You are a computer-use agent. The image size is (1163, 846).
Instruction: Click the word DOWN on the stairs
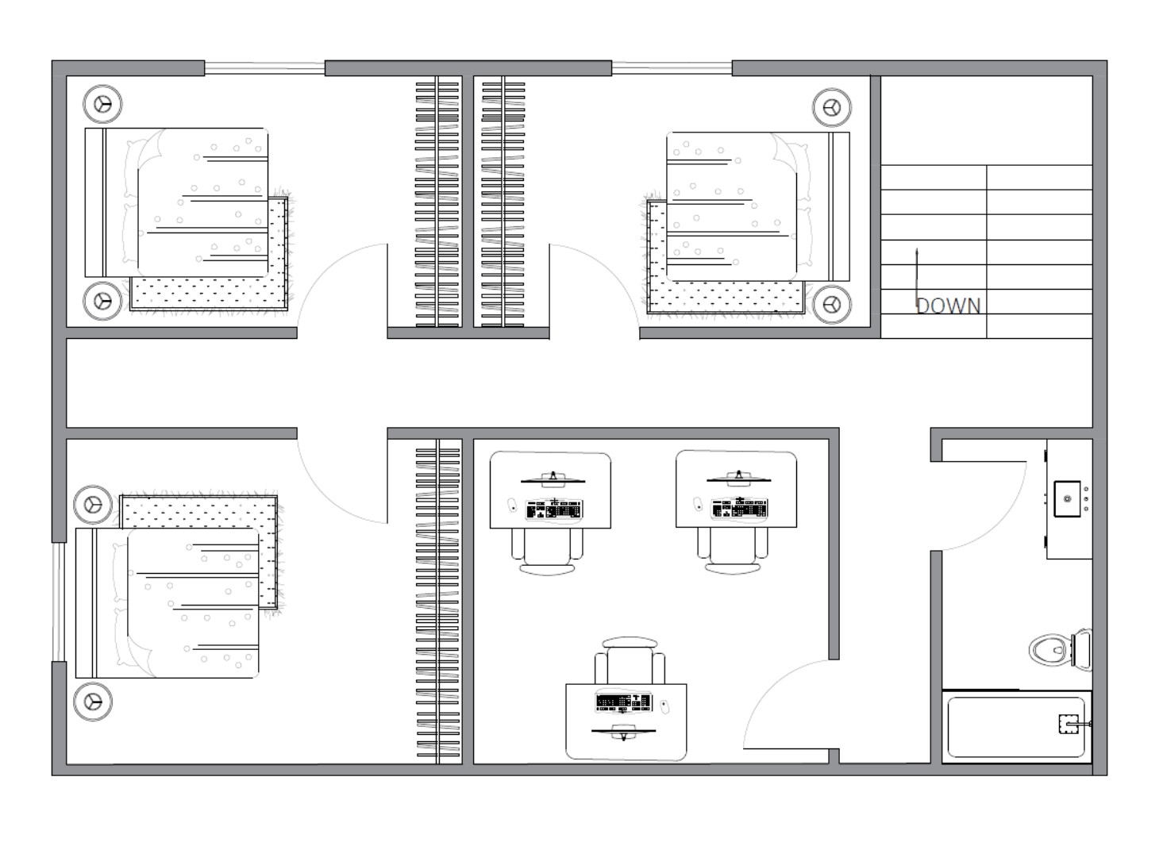click(x=948, y=306)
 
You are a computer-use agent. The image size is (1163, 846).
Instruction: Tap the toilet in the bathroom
click(x=1061, y=649)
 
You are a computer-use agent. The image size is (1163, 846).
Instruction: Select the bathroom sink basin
click(x=1067, y=498)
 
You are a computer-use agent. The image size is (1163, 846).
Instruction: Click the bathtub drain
click(x=1069, y=724)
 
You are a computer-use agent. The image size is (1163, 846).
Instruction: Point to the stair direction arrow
click(x=917, y=280)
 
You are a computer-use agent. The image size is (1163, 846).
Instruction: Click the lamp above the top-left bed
click(x=102, y=104)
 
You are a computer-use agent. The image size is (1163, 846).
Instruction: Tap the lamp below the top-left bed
click(x=102, y=301)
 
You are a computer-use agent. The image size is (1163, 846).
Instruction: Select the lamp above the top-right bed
click(x=832, y=108)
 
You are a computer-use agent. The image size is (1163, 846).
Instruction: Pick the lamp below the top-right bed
click(x=832, y=304)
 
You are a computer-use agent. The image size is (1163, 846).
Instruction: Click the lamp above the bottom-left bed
click(x=93, y=505)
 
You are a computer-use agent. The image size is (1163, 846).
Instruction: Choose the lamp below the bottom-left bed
click(x=93, y=702)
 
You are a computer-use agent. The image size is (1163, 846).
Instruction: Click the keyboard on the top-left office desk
click(x=554, y=510)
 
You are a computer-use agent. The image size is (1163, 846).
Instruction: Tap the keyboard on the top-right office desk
click(x=739, y=508)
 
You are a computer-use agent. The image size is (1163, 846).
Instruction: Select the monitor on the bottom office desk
click(x=623, y=732)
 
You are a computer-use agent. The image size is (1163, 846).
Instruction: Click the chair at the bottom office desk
click(x=630, y=660)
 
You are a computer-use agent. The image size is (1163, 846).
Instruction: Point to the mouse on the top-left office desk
click(x=512, y=505)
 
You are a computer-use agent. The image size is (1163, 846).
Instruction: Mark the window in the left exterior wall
click(x=58, y=602)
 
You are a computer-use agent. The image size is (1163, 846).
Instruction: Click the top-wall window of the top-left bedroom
click(x=265, y=68)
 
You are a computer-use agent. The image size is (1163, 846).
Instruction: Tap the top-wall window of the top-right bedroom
click(x=672, y=68)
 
